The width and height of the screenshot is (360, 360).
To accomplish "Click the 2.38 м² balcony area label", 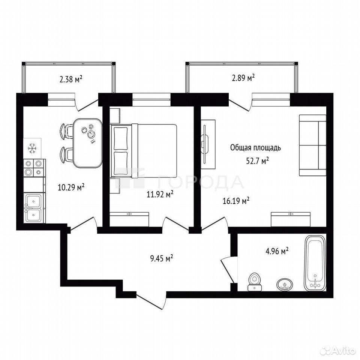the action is (x=71, y=79).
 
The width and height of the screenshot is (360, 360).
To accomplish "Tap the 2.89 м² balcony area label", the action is (x=243, y=78).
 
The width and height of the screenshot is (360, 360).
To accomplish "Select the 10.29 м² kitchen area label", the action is (x=71, y=187).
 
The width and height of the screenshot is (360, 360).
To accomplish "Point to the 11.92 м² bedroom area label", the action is (x=160, y=195).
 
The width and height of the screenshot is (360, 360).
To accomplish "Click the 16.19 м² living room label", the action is (x=236, y=201).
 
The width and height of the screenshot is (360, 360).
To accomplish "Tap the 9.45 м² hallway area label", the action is (x=161, y=259).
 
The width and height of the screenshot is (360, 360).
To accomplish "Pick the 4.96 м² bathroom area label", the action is (x=277, y=251).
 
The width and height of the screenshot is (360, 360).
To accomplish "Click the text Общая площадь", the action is (x=255, y=148).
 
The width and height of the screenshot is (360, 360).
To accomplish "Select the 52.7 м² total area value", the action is (x=257, y=161).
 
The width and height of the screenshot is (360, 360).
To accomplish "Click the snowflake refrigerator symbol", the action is (x=32, y=148).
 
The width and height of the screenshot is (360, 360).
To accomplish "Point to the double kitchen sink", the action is (x=33, y=208).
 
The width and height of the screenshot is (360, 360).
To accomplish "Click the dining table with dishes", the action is (x=88, y=143).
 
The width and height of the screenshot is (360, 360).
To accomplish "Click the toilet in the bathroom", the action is (x=254, y=282).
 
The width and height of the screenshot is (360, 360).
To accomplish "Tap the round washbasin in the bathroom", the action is (x=285, y=285).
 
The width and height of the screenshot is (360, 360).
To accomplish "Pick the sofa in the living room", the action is (x=312, y=145).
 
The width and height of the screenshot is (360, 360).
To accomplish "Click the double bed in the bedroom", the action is (x=144, y=151).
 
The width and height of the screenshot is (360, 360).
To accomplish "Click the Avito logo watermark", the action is (x=338, y=350).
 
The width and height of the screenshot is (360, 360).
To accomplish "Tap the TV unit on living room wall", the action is (x=208, y=144).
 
